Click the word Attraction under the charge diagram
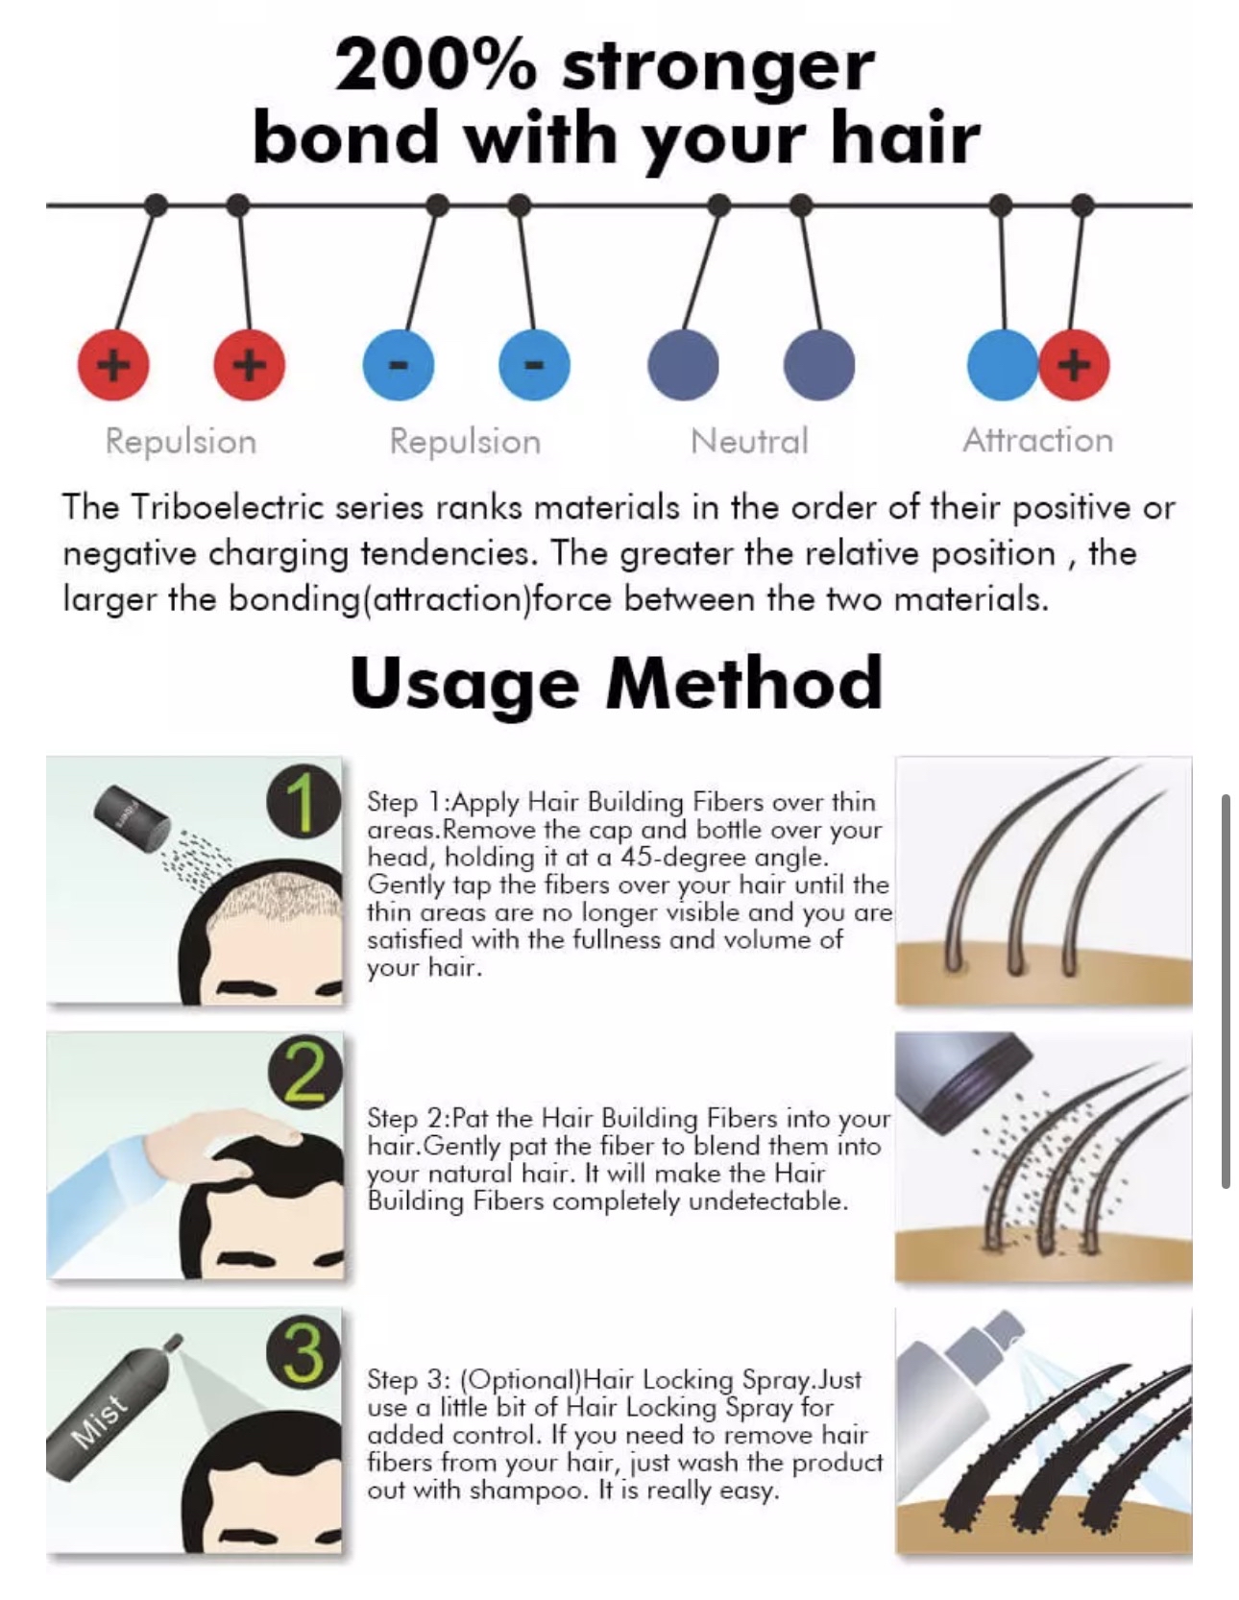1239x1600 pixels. [1037, 441]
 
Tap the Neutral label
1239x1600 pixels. [749, 442]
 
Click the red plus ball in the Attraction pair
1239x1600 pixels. [1075, 365]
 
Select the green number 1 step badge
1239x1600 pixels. [304, 804]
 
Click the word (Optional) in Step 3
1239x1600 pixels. [521, 1381]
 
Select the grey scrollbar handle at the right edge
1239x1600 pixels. [1226, 991]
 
